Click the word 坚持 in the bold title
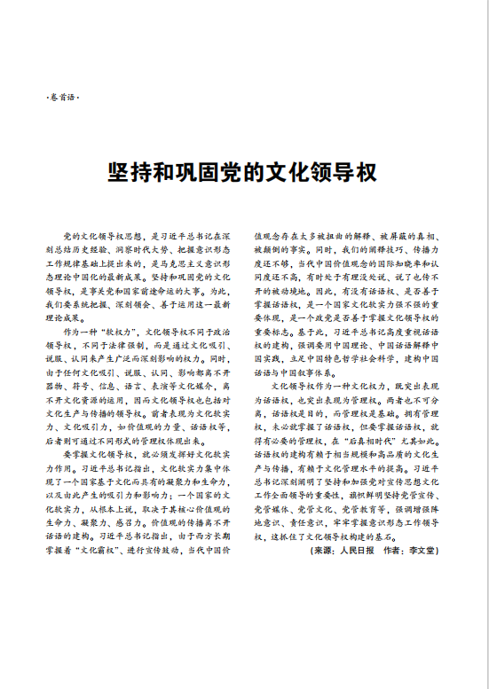coord(124,170)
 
